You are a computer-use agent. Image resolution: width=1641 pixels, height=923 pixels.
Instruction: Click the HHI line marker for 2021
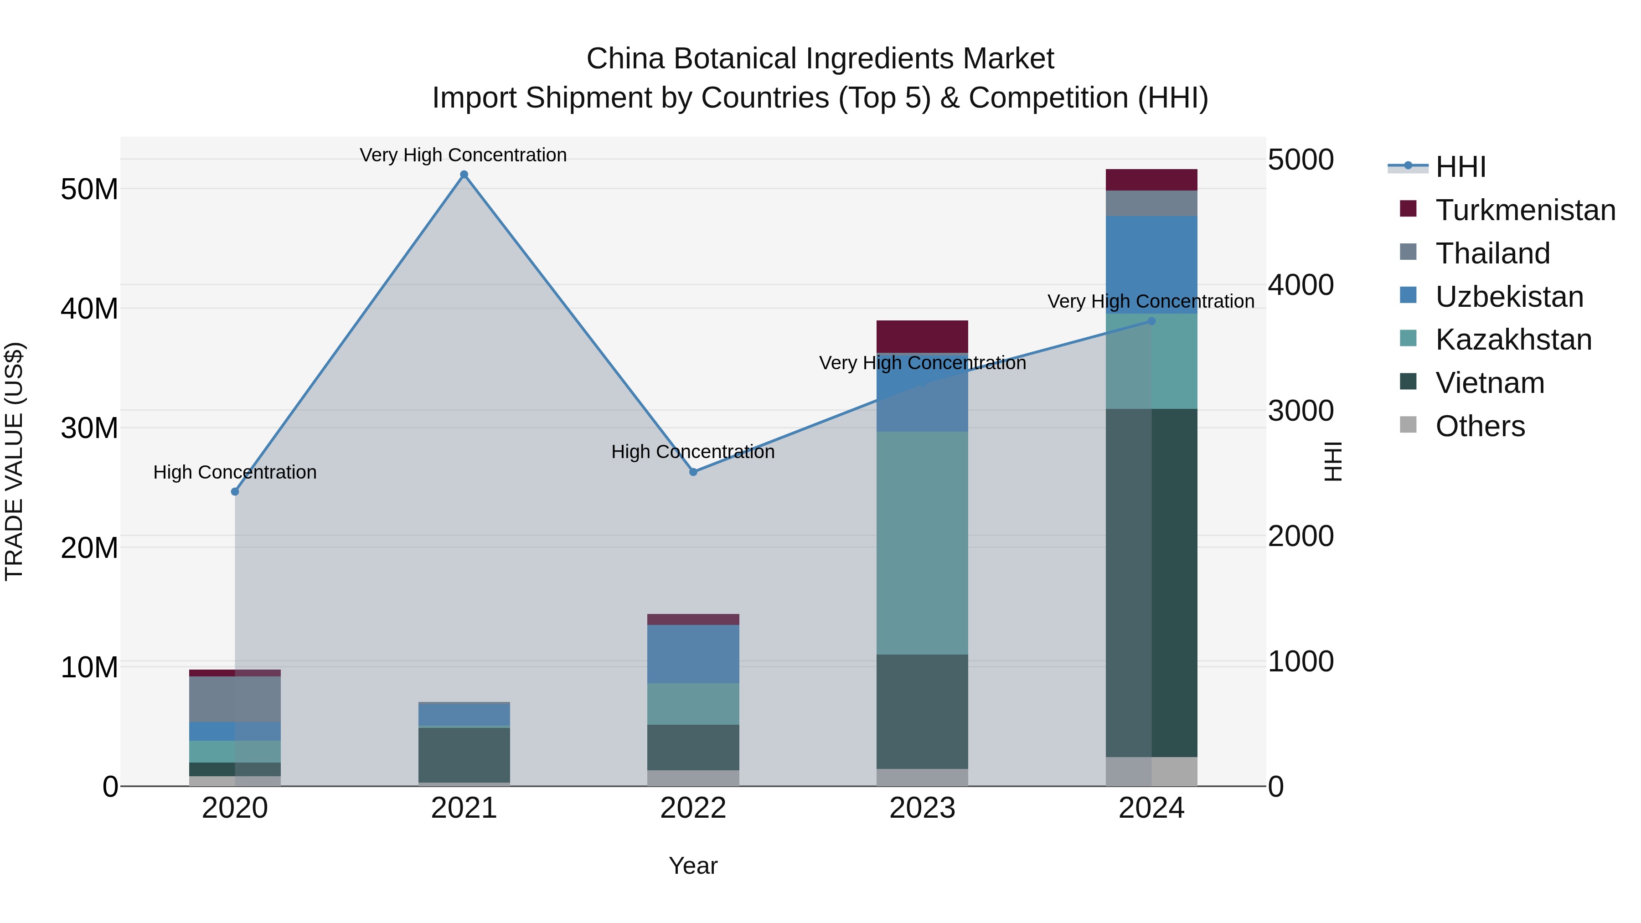(x=464, y=175)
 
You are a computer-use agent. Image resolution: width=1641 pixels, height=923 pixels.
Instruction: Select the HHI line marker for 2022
(x=693, y=472)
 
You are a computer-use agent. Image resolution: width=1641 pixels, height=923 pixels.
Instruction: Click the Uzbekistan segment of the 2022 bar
(x=693, y=654)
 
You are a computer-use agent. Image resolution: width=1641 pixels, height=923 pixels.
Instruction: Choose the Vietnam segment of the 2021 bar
(x=464, y=755)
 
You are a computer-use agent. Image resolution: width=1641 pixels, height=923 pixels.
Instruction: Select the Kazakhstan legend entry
(x=1513, y=340)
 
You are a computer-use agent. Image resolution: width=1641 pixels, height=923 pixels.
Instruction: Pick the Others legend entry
(x=1479, y=426)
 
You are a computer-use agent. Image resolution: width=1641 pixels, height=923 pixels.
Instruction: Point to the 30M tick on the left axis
(x=89, y=428)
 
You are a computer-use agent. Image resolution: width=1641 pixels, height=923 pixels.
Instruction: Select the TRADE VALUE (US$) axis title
(x=14, y=461)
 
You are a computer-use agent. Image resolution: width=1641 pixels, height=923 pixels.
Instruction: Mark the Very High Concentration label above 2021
(x=463, y=155)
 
